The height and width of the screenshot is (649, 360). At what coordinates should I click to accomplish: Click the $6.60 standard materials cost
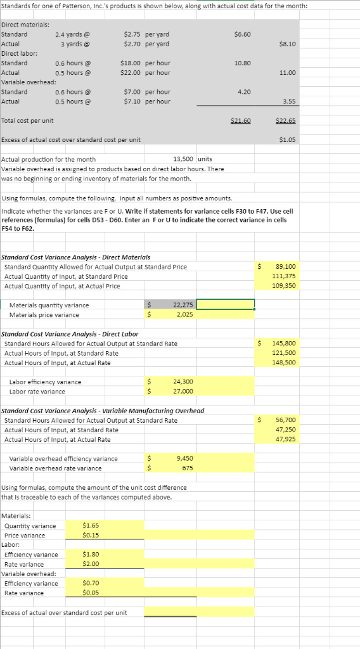pyautogui.click(x=242, y=34)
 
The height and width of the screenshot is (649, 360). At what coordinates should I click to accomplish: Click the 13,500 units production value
pyautogui.click(x=183, y=160)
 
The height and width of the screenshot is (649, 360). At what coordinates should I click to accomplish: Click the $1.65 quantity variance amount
pyautogui.click(x=91, y=525)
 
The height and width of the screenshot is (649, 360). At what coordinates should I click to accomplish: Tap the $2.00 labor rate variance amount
pyautogui.click(x=91, y=563)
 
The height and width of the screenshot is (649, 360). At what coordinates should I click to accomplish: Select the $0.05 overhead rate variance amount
pyautogui.click(x=91, y=593)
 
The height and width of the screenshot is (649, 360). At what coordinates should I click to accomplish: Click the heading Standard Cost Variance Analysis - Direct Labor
pyautogui.click(x=70, y=333)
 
